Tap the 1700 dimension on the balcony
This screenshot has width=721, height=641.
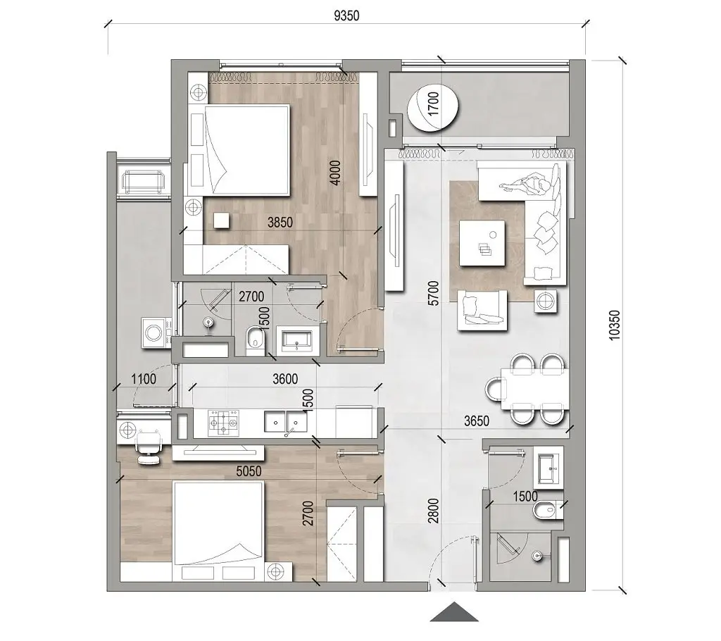click(433, 107)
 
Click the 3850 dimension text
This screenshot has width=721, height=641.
click(280, 223)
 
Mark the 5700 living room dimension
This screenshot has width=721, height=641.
click(434, 293)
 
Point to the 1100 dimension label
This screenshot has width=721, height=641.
click(144, 378)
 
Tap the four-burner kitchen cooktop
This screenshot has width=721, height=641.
click(223, 422)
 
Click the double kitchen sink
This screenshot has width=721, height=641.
click(286, 422)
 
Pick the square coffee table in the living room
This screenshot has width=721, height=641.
click(482, 243)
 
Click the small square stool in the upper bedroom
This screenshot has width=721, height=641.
click(222, 220)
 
